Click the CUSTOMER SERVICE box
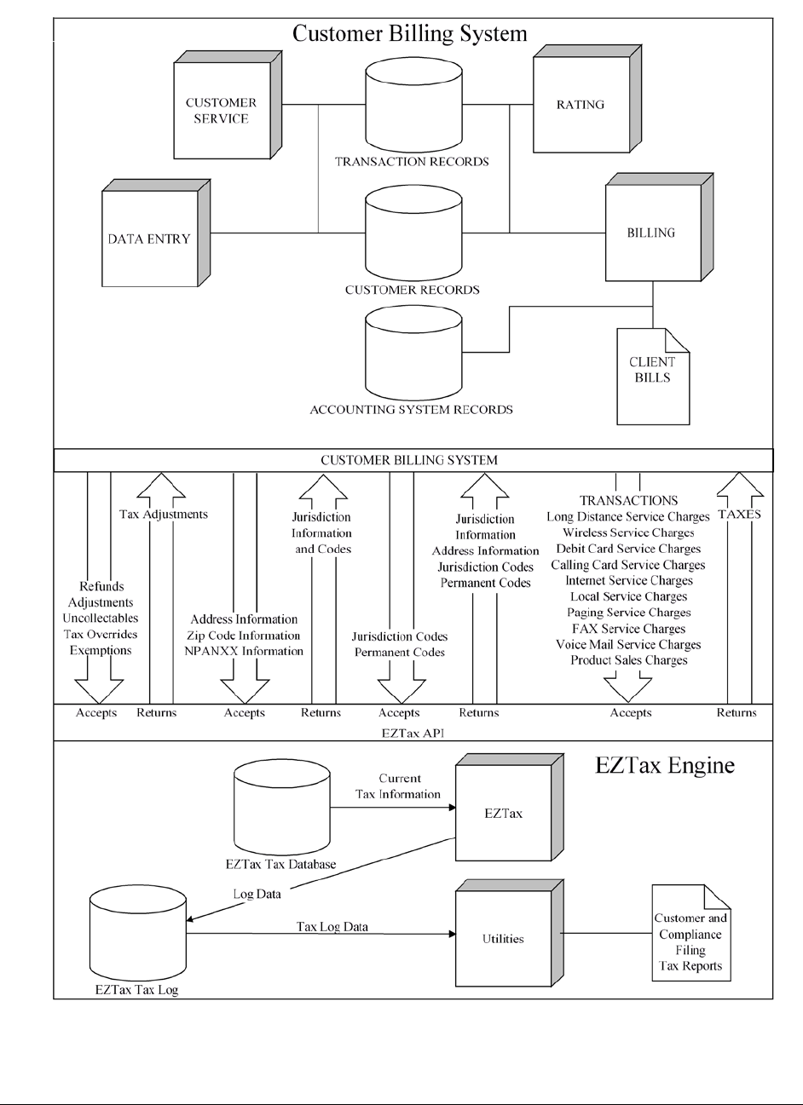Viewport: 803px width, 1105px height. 221,111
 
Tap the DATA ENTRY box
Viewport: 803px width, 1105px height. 149,239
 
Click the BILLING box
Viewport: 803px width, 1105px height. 650,233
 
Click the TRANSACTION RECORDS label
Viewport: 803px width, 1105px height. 412,162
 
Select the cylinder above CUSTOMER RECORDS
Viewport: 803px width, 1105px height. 413,234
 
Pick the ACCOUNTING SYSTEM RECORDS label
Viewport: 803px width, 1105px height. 411,410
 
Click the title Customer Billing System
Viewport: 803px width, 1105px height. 409,33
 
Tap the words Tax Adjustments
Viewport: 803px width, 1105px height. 164,515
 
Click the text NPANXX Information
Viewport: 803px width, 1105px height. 244,651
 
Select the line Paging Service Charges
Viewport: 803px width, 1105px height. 628,613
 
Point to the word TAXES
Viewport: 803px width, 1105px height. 739,515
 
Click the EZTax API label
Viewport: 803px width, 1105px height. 413,732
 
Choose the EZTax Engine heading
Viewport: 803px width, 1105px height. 664,765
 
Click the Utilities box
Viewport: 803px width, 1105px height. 503,939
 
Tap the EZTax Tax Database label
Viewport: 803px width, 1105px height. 281,864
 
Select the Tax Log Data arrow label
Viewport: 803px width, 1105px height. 332,926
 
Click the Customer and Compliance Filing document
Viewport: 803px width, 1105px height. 690,934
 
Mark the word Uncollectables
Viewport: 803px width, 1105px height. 101,619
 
